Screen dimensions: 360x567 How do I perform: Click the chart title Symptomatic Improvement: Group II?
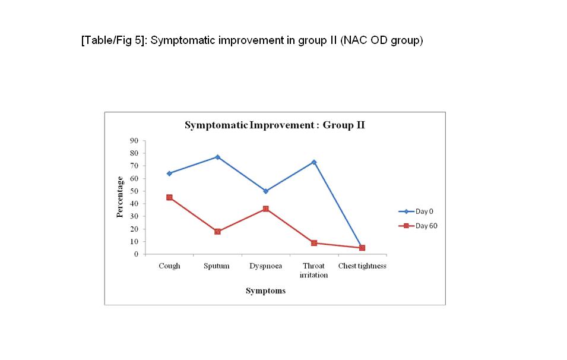[x=274, y=125]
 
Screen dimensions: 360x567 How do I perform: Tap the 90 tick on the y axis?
[x=134, y=141]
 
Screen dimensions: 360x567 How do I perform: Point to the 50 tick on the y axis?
[x=134, y=191]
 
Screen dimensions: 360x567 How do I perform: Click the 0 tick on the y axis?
[x=136, y=254]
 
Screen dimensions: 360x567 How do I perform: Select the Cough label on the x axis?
[x=169, y=266]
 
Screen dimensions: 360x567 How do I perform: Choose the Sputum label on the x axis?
[x=217, y=266]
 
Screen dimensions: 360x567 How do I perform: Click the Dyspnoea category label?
[x=265, y=266]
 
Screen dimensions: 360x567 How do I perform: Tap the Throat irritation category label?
[x=314, y=270]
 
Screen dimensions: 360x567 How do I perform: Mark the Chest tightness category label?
[x=362, y=266]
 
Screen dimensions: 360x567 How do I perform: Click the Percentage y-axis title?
[x=120, y=197]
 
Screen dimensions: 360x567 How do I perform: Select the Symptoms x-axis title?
[x=265, y=291]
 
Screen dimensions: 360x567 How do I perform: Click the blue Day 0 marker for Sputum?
[x=217, y=157]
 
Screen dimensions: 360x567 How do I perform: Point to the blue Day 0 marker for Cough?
[x=169, y=173]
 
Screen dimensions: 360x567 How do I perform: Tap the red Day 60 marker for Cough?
[x=169, y=197]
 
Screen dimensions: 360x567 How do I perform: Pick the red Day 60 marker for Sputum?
[x=217, y=232]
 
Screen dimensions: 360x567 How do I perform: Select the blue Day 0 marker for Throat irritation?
[x=314, y=162]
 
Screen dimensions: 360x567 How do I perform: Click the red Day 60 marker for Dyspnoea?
[x=265, y=209]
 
